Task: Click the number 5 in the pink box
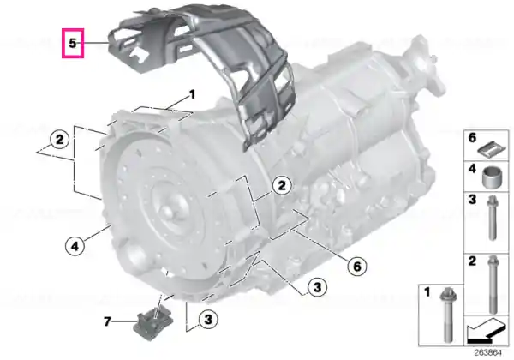73,43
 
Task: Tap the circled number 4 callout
75,246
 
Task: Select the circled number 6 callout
356,267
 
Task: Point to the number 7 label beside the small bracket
107,321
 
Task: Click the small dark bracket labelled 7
153,322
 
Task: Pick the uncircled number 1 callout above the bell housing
192,94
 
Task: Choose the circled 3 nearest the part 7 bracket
208,319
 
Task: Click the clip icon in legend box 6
492,151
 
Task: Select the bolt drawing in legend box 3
491,218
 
